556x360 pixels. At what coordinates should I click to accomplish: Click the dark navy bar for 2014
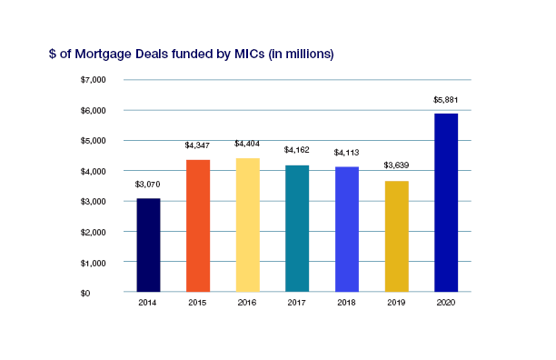149,245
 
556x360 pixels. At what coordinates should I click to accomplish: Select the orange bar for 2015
198,226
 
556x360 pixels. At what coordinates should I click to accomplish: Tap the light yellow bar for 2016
248,225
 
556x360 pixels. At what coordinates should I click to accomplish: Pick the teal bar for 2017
297,229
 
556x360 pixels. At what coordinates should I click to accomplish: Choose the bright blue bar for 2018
347,229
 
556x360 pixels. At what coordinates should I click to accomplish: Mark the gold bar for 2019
397,236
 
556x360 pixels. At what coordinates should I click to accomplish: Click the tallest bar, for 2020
446,203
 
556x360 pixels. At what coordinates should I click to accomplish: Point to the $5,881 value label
446,100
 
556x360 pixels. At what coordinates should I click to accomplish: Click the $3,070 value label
147,185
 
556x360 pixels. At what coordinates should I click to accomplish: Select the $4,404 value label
247,144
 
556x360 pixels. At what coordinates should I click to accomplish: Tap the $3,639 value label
396,165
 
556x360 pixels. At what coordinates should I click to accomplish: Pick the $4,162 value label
297,150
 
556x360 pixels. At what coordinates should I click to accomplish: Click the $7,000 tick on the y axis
94,80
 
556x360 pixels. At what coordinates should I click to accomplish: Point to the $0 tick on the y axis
85,294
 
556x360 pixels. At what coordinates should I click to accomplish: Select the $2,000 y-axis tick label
94,233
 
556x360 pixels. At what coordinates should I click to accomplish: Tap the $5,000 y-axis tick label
94,141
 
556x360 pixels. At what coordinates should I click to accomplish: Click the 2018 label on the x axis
346,303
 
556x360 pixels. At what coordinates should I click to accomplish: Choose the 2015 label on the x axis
197,303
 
